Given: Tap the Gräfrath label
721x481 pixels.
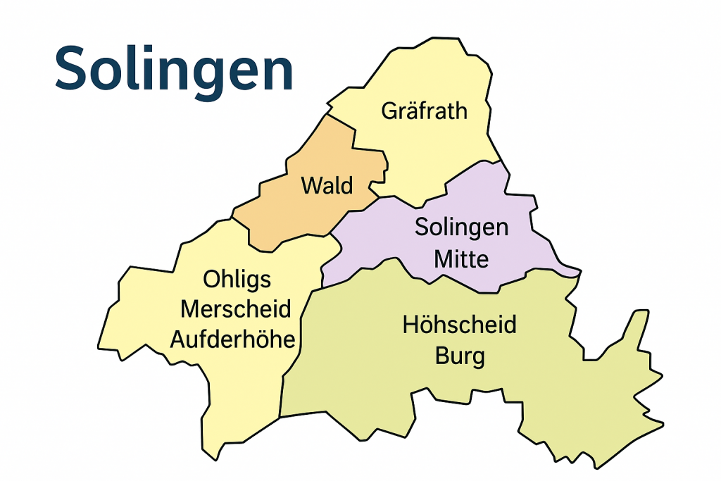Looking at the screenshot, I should pyautogui.click(x=424, y=111).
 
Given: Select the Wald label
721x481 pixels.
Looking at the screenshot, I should pyautogui.click(x=327, y=186).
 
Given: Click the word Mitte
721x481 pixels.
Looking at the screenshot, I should pyautogui.click(x=461, y=259).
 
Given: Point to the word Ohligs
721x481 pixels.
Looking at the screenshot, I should pyautogui.click(x=237, y=280).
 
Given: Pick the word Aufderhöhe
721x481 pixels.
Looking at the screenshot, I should pyautogui.click(x=232, y=339).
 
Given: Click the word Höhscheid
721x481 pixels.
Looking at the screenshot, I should pyautogui.click(x=459, y=325).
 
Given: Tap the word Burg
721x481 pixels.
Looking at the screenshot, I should pyautogui.click(x=460, y=356).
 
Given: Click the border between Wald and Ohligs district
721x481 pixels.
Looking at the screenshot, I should pyautogui.click(x=296, y=239).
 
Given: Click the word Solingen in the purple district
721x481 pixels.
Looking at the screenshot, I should pyautogui.click(x=461, y=227).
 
